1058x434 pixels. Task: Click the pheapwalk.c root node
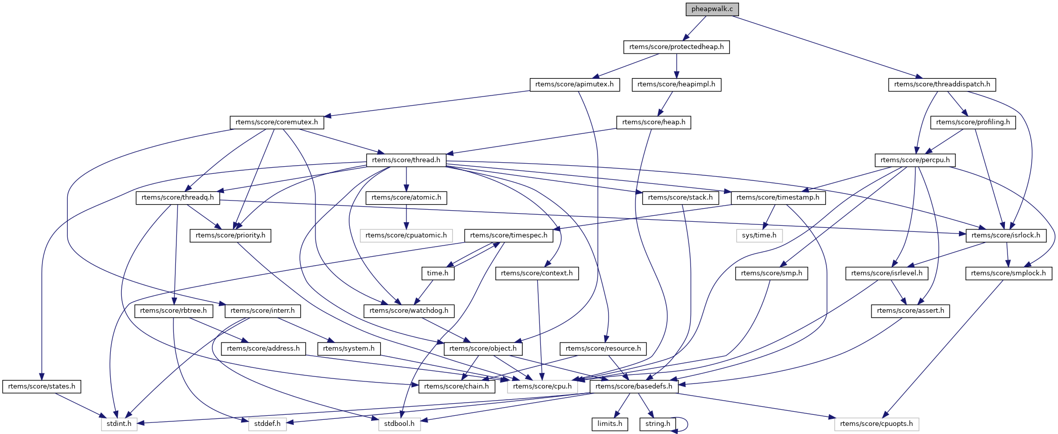click(x=712, y=9)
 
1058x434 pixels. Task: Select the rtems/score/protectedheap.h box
click(x=676, y=47)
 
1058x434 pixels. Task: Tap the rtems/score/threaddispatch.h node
click(x=942, y=84)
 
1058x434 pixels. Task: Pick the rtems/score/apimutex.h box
click(x=574, y=84)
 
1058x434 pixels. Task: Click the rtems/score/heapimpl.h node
click(x=676, y=84)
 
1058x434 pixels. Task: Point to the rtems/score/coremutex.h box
click(x=277, y=122)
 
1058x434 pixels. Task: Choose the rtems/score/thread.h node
click(x=406, y=160)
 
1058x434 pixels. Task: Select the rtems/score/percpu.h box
click(x=915, y=160)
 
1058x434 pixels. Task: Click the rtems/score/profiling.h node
click(x=973, y=122)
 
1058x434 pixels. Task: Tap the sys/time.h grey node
click(x=759, y=235)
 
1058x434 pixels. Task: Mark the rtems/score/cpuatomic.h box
click(x=406, y=235)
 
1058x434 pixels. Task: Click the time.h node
click(x=438, y=273)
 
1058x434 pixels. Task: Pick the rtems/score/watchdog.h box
click(x=409, y=311)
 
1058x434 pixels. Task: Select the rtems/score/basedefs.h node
click(x=634, y=387)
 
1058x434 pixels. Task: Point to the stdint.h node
click(x=119, y=424)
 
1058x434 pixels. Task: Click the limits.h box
click(x=610, y=424)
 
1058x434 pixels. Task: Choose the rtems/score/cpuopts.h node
click(x=877, y=424)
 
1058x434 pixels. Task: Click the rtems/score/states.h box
click(x=41, y=387)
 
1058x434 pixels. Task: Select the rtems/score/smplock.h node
click(x=1008, y=273)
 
